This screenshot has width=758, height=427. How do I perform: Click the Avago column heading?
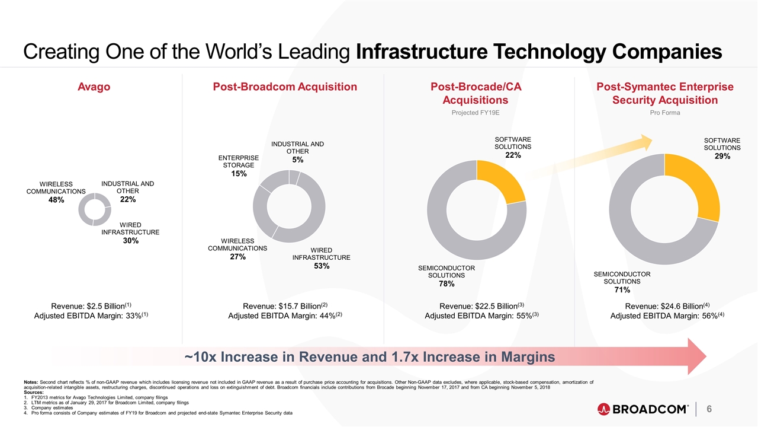(94, 87)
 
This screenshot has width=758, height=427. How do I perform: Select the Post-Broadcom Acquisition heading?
(284, 87)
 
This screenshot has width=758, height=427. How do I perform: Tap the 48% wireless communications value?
(56, 200)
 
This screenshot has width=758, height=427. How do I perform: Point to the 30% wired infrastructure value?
(130, 241)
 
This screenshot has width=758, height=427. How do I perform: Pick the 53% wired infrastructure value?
(321, 266)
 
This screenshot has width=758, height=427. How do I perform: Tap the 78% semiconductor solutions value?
(447, 284)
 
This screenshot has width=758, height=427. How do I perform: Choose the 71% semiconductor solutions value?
(621, 290)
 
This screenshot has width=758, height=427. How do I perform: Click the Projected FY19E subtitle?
(477, 113)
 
